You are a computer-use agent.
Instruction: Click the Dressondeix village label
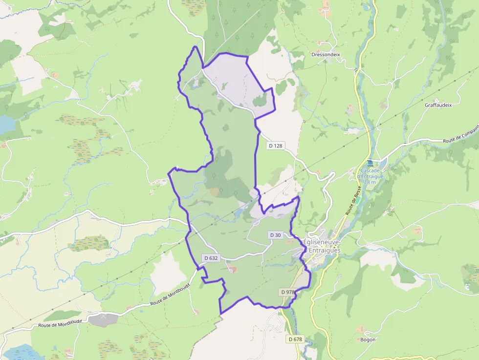pos(326,55)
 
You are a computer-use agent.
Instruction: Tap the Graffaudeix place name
pos(438,105)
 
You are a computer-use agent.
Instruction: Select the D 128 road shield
pos(276,146)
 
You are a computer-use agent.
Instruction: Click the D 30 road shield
pos(275,235)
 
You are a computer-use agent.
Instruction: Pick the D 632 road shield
pos(211,258)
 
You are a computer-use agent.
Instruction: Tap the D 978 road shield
pos(288,292)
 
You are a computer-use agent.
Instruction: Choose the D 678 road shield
pos(295,339)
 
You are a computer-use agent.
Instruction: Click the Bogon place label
pos(368,339)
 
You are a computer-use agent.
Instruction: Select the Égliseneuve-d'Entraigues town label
pos(322,246)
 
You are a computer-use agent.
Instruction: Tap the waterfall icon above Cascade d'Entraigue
pos(370,162)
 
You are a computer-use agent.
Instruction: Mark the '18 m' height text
pos(370,182)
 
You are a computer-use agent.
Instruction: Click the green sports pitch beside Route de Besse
pos(358,201)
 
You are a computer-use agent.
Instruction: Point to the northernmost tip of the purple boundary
pos(196,47)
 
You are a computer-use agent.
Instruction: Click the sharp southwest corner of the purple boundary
pos(220,313)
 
